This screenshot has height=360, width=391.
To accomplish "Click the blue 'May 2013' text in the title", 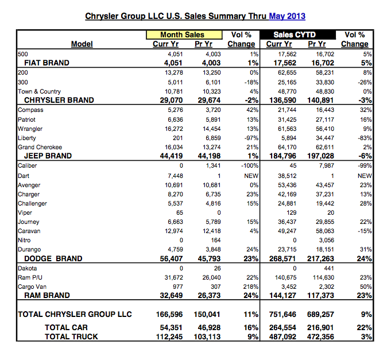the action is pyautogui.click(x=287, y=16).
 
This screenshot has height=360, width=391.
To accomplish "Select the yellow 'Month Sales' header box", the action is pyautogui.click(x=184, y=34).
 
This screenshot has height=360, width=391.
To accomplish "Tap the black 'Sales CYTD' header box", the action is pyautogui.click(x=297, y=34).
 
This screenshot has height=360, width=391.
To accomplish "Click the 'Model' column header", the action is pyautogui.click(x=82, y=44).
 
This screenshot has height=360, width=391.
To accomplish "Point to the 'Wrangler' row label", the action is pyautogui.click(x=30, y=129).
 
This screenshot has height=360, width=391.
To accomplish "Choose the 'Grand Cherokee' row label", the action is pyautogui.click(x=40, y=147).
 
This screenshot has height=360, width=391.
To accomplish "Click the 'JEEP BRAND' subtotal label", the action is pyautogui.click(x=48, y=156).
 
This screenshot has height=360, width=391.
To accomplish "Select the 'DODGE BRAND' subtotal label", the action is pyautogui.click(x=53, y=258).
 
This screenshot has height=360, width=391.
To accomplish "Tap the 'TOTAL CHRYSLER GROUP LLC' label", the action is pyautogui.click(x=75, y=314).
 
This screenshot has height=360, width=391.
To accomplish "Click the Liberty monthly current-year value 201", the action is pyautogui.click(x=178, y=138).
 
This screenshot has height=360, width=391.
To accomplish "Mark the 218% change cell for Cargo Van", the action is pyautogui.click(x=251, y=287).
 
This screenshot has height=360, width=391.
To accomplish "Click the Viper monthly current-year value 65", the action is pyautogui.click(x=179, y=212).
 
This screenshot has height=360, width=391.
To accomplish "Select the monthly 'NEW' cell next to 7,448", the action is pyautogui.click(x=251, y=176).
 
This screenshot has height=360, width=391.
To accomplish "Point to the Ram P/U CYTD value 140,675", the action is pyautogui.click(x=285, y=277).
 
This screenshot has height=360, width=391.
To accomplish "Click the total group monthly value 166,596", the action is pyautogui.click(x=169, y=315).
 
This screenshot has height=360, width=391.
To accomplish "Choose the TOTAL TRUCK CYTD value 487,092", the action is pyautogui.click(x=283, y=337).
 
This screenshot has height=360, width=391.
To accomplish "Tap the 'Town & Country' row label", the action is pyautogui.click(x=39, y=91).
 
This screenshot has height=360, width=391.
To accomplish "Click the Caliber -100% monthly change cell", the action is pyautogui.click(x=250, y=165).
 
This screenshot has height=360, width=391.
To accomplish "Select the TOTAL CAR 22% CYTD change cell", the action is pyautogui.click(x=365, y=328).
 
